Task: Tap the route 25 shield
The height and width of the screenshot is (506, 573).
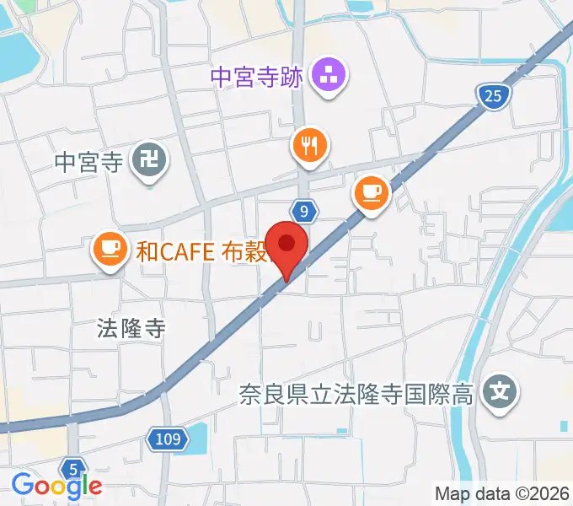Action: point(493,97)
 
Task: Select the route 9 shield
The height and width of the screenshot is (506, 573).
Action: point(306,209)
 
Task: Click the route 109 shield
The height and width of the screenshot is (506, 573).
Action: point(167,438)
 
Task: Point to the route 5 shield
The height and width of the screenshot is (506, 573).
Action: point(73,469)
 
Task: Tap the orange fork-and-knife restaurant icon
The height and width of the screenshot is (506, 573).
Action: point(309,147)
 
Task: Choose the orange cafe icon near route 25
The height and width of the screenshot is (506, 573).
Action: point(371,191)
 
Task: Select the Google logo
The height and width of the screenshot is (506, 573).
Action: point(56,485)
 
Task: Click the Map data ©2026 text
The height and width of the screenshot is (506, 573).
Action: point(502,493)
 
